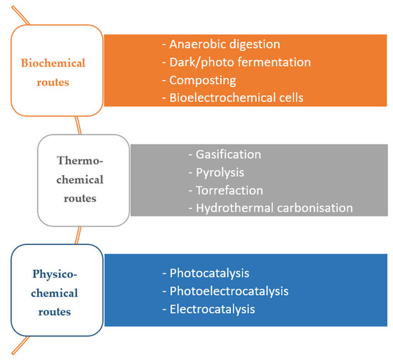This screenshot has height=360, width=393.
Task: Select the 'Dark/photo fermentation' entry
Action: point(240,62)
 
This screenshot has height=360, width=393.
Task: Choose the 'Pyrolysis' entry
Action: point(222,172)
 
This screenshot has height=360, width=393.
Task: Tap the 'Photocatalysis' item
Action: point(208,273)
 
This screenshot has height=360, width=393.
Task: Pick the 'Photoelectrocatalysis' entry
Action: point(229,291)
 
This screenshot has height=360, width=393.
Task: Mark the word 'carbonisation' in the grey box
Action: point(315,208)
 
